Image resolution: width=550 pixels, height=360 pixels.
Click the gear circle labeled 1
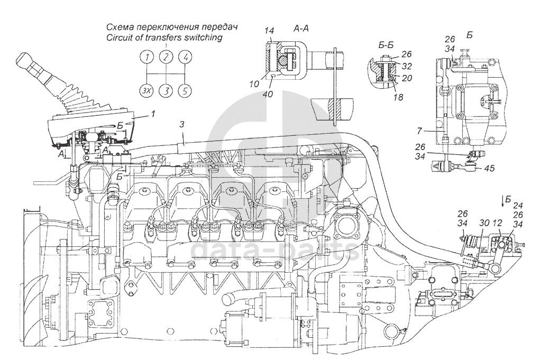148,57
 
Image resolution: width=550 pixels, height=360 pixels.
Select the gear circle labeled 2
167,57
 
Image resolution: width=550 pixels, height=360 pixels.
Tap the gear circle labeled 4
185,57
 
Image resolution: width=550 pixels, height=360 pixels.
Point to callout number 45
489,169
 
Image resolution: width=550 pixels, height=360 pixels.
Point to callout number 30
484,224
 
